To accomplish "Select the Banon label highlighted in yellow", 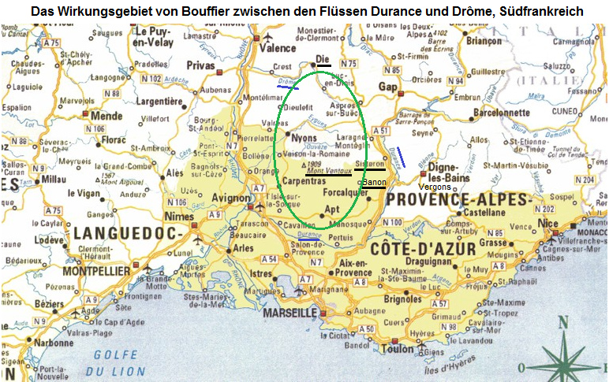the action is [x=374, y=183].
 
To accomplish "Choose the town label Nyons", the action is [x=304, y=137].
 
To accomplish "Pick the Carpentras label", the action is [x=308, y=181].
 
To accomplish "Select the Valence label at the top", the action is [x=278, y=48].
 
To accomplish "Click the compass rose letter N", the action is [x=562, y=322].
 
